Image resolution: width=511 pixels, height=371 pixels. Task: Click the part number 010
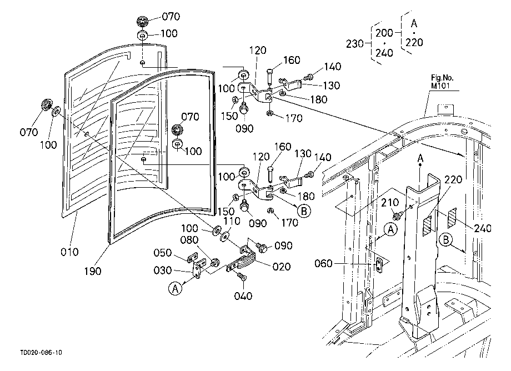pos(69,252)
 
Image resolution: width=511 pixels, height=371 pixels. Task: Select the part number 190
pos(93,271)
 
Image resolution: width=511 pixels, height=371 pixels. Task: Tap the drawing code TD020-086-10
pos(41,353)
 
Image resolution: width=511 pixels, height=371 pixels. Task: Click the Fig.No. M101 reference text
pos(442,82)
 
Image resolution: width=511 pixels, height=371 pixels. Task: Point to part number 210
pos(390,203)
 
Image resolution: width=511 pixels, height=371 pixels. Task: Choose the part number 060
pos(323,263)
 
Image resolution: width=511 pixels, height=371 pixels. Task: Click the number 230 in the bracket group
pos(355,44)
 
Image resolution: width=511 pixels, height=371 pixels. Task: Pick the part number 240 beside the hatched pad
pos(483,228)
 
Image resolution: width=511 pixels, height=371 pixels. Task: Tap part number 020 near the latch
pos(281,267)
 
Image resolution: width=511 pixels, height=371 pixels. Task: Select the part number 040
pos(243,296)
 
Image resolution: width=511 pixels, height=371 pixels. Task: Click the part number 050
pos(163,253)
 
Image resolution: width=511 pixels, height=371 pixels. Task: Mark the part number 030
pos(163,270)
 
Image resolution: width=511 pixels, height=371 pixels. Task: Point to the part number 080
pos(189,240)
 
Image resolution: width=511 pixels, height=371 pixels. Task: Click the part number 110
pos(232,221)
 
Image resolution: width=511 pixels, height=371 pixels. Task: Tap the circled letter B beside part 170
pos(304,211)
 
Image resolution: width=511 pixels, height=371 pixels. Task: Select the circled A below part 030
pos(176,289)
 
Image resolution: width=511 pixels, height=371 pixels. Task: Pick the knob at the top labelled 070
pos(142,22)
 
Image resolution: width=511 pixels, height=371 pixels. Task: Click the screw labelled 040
pos(242,278)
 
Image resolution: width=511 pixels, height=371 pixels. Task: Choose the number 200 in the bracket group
pos(384,33)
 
